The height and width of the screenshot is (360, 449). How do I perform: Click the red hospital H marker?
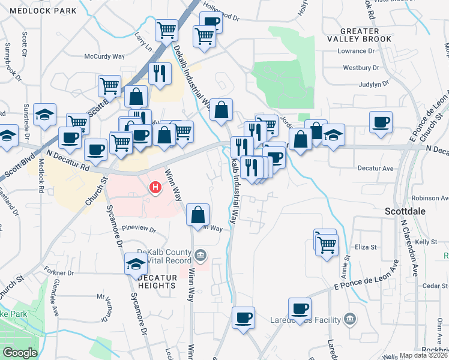point(156,188)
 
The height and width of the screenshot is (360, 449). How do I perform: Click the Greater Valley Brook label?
point(359,35)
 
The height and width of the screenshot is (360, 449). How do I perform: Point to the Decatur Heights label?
point(157,281)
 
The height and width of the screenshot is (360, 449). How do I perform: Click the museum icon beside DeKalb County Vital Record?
point(200,257)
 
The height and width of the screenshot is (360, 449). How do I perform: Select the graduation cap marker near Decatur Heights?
point(136,264)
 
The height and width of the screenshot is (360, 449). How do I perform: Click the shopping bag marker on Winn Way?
point(198,215)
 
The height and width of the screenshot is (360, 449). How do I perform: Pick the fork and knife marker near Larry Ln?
point(159,73)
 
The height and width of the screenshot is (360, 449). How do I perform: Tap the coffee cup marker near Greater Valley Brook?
point(381,123)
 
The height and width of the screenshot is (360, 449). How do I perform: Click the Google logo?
point(19,353)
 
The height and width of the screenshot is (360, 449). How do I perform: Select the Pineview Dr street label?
point(139,229)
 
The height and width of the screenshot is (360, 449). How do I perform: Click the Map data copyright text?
point(424,355)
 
